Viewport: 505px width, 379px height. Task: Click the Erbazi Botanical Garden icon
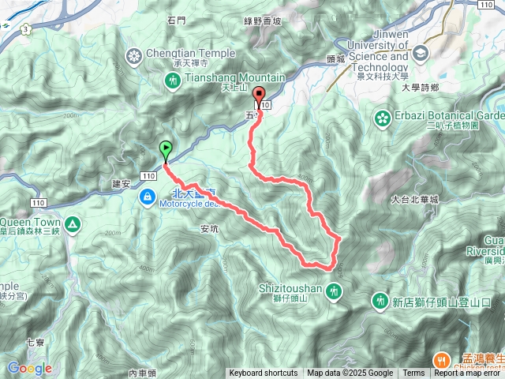pos(383,118)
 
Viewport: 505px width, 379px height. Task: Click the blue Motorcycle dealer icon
pos(148,196)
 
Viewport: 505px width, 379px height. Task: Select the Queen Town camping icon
pos(73,225)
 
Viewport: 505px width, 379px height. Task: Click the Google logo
pos(29,369)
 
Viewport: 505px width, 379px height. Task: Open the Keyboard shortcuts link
pos(264,373)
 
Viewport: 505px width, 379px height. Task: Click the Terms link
pos(413,373)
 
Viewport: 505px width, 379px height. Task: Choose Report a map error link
pos(468,373)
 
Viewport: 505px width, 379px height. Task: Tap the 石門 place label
pos(176,21)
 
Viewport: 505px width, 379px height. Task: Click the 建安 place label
pos(122,184)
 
